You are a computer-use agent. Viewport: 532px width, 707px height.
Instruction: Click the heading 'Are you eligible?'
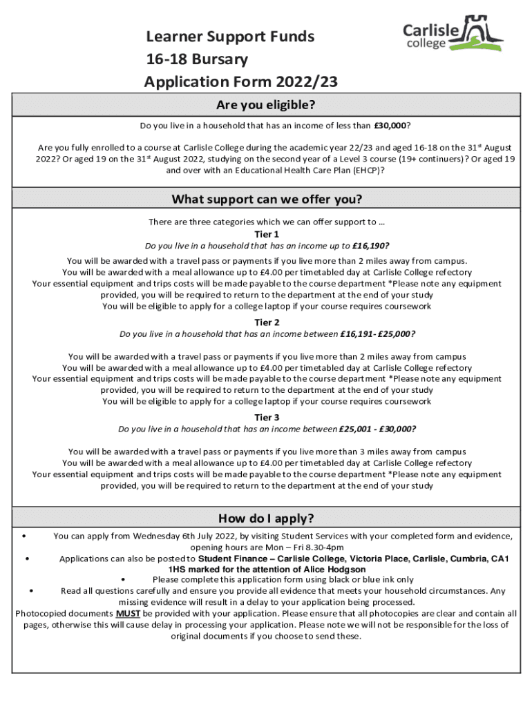click(266, 105)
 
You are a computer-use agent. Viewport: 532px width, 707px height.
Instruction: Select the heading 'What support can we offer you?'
click(266, 200)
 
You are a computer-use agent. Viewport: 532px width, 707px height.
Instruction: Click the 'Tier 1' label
click(267, 234)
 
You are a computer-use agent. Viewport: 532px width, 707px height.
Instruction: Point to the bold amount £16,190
click(369, 246)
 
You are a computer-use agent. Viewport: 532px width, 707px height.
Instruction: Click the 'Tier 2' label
click(267, 322)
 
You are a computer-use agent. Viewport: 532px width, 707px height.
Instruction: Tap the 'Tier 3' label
click(267, 417)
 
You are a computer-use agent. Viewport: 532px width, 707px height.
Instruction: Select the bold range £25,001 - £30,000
click(377, 429)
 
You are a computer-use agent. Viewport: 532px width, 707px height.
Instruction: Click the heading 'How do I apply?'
click(266, 519)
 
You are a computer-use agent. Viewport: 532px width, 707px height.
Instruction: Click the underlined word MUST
click(128, 613)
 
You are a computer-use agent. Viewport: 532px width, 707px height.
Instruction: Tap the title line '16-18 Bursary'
click(196, 59)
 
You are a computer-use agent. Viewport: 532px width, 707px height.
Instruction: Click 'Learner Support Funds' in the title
click(229, 36)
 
